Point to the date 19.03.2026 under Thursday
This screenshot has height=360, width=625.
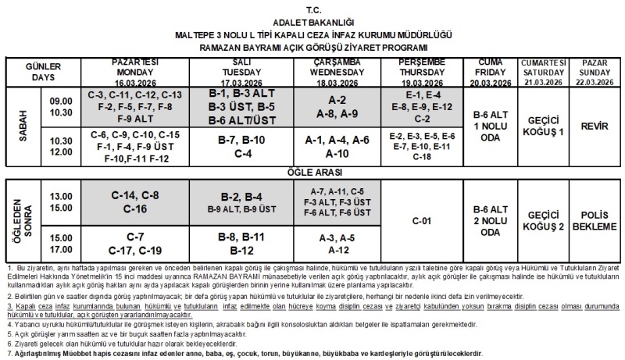[x=421, y=81]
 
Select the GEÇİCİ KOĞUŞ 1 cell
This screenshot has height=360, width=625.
[x=545, y=126]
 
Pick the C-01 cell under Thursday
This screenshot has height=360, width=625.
[x=421, y=220]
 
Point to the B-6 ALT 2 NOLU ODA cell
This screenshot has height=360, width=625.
[x=488, y=220]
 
